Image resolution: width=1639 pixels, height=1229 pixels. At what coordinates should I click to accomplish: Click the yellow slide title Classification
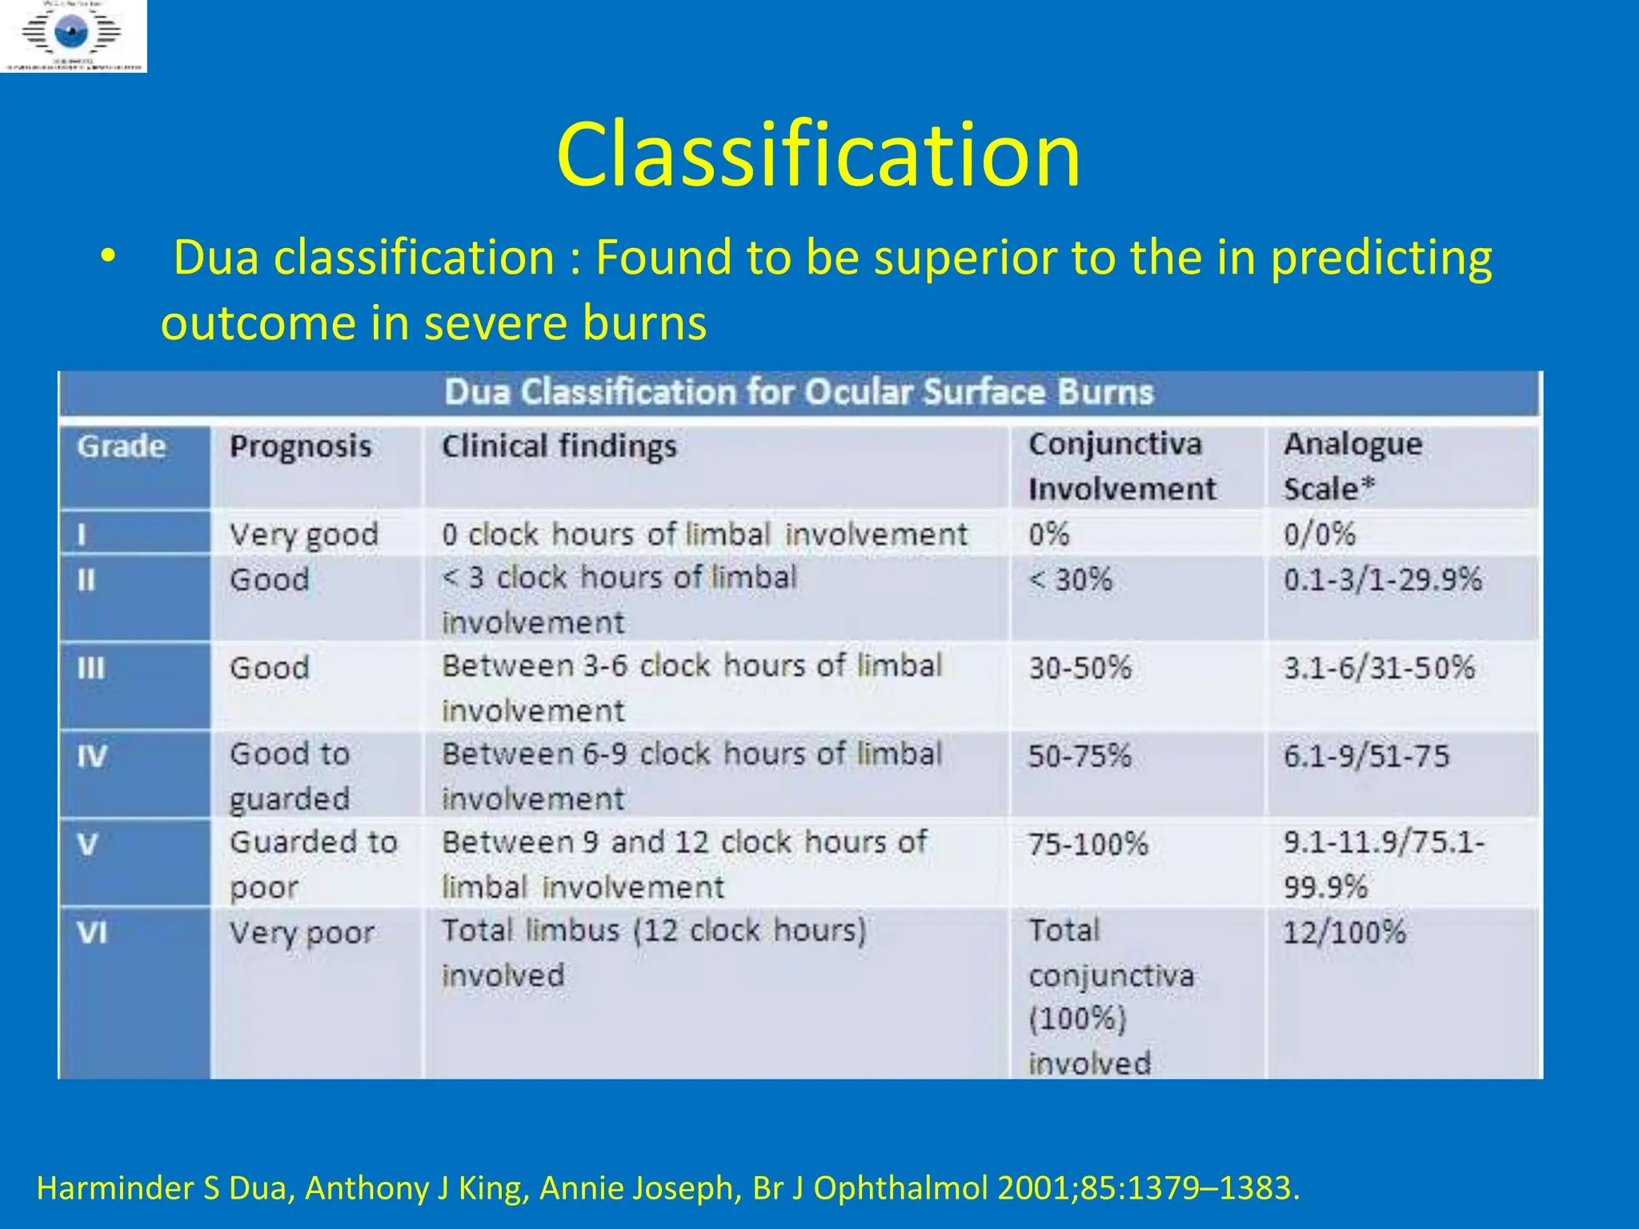coord(818,154)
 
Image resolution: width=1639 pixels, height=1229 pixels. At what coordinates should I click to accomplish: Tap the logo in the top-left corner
coord(73,36)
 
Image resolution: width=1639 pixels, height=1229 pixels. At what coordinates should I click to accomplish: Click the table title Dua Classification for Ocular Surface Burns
coord(799,393)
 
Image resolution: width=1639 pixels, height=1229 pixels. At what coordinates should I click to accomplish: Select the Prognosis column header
coord(300,446)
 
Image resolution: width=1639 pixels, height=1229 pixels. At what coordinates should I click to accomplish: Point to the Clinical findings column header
coord(559,446)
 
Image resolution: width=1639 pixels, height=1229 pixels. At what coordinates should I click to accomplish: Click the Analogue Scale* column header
coord(1352,466)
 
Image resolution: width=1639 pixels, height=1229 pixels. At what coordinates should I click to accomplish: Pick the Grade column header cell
coord(122,446)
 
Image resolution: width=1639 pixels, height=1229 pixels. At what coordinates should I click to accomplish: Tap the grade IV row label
coord(92,756)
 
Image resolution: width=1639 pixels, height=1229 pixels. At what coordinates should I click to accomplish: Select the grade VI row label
coord(92,932)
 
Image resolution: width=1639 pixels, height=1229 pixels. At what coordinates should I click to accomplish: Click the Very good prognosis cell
coord(303,534)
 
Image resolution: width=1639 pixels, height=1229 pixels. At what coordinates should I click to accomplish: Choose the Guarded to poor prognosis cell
coord(313,864)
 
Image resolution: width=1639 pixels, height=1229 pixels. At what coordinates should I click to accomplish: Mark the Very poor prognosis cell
coord(302,933)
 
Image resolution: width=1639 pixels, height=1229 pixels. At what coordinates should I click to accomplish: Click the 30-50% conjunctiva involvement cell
coord(1080,668)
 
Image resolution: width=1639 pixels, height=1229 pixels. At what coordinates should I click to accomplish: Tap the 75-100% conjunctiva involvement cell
coord(1088,844)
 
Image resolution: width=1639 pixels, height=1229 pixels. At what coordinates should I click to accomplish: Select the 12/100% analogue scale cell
coord(1344,932)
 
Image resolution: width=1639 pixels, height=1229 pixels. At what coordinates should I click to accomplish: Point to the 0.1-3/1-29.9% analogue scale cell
coord(1382,579)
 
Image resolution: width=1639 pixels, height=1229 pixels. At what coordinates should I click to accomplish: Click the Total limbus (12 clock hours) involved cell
coord(653,952)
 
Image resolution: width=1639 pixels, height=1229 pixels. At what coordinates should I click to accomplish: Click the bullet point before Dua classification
coord(108,258)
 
